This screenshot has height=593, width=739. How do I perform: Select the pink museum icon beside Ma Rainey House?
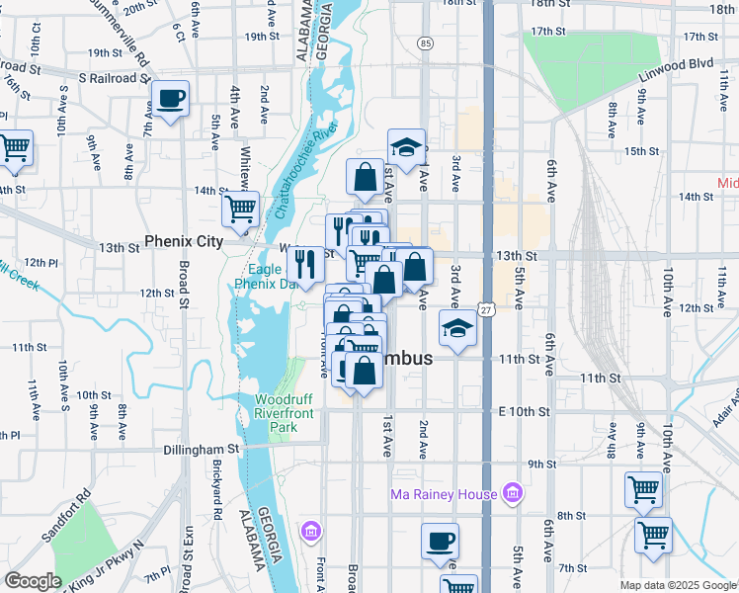512,492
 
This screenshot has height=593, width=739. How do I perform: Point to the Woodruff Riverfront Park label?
289,413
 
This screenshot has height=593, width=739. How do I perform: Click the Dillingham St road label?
202,449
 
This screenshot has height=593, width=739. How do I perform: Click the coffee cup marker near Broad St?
170,100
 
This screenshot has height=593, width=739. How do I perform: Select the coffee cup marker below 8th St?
440,541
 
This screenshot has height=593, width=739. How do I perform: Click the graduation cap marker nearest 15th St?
405,147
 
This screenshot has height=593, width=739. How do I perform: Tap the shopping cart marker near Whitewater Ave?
240,209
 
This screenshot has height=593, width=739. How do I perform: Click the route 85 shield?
425,43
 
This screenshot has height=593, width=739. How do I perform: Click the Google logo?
33,581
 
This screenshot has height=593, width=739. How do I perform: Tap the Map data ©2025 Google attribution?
678,585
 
